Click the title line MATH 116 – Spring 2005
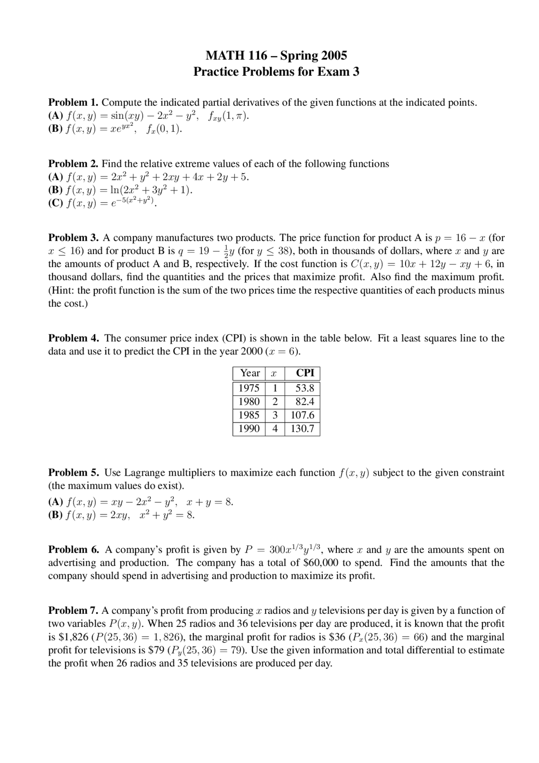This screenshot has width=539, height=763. [x=276, y=55]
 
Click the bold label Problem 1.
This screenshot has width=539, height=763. [x=73, y=102]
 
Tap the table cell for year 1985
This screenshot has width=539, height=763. [x=249, y=415]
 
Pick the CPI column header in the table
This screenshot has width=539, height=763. [x=305, y=373]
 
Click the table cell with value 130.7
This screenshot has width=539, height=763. [x=302, y=429]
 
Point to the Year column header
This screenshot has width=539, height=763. [x=250, y=373]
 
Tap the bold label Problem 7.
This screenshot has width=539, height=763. [x=73, y=610]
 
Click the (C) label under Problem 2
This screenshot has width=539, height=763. [x=56, y=203]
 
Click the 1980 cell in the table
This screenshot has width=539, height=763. [x=249, y=402]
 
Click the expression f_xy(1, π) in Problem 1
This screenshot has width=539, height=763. [x=228, y=116]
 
